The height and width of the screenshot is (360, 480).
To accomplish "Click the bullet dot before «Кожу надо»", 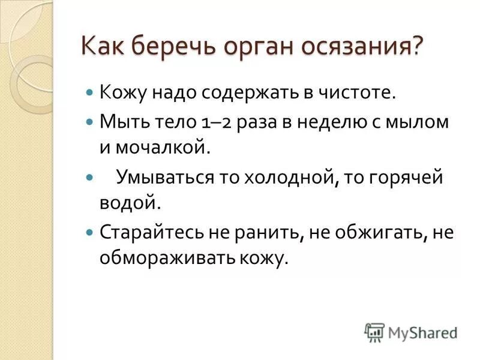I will [x=90, y=94].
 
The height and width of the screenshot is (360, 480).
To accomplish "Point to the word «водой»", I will [x=130, y=203].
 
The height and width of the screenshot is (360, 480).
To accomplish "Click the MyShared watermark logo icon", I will [x=374, y=332].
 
